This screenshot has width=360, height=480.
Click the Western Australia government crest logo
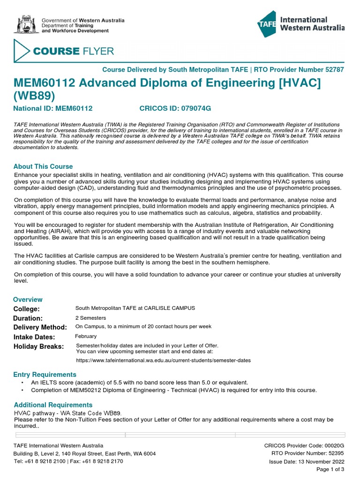pyautogui.click(x=26, y=25)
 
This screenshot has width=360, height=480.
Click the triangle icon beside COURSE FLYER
pyautogui.click(x=22, y=51)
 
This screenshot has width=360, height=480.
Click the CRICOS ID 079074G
pyautogui.click(x=175, y=108)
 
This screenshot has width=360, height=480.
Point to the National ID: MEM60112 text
pyautogui.click(x=53, y=108)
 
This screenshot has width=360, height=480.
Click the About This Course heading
pyautogui.click(x=43, y=166)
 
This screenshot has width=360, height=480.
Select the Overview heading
pyautogui.click(x=28, y=300)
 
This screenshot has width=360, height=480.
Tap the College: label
pyautogui.click(x=27, y=309)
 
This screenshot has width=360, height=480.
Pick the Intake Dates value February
pyautogui.click(x=86, y=336)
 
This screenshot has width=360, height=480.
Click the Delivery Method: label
pyautogui.click(x=40, y=327)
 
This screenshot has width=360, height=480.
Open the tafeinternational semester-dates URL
pyautogui.click(x=163, y=360)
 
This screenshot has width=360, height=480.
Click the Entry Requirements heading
pyautogui.click(x=45, y=375)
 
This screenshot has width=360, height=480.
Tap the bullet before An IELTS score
pyautogui.click(x=22, y=383)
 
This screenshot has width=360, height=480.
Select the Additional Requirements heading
pyautogui.click(x=53, y=405)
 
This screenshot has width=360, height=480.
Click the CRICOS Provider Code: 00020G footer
pyautogui.click(x=304, y=445)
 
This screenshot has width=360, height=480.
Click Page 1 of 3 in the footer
pyautogui.click(x=330, y=469)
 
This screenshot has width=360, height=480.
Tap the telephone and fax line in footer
pyautogui.click(x=68, y=461)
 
